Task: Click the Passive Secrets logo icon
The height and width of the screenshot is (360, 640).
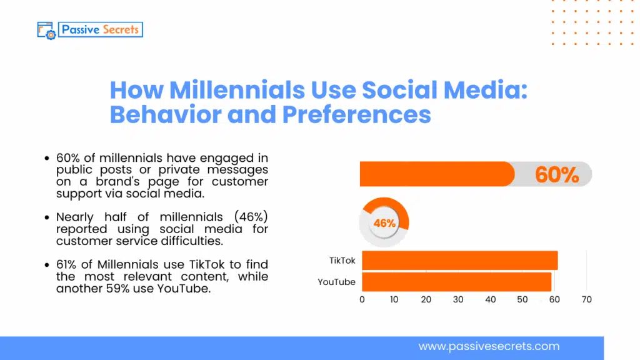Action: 47,30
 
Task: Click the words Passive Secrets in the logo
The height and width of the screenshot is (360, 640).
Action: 101,29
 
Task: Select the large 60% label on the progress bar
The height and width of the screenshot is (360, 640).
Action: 557,175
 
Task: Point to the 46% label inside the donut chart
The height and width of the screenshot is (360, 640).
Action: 384,223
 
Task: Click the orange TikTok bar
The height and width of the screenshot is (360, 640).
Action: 459,261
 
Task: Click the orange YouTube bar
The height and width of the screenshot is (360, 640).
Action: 456,282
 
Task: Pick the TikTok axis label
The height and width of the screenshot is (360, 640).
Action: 342,261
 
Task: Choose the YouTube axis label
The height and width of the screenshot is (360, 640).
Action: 336,282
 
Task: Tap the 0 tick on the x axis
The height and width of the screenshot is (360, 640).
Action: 362,300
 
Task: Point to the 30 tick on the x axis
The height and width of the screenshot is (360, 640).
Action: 458,300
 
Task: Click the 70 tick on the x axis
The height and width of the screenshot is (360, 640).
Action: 586,300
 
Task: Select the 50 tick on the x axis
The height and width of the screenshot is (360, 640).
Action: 522,300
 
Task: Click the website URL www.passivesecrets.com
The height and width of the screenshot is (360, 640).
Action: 489,346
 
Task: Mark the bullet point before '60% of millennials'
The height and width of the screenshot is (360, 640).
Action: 47,159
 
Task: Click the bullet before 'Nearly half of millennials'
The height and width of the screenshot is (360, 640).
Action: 47,217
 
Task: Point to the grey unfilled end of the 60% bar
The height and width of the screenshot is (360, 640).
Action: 584,174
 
